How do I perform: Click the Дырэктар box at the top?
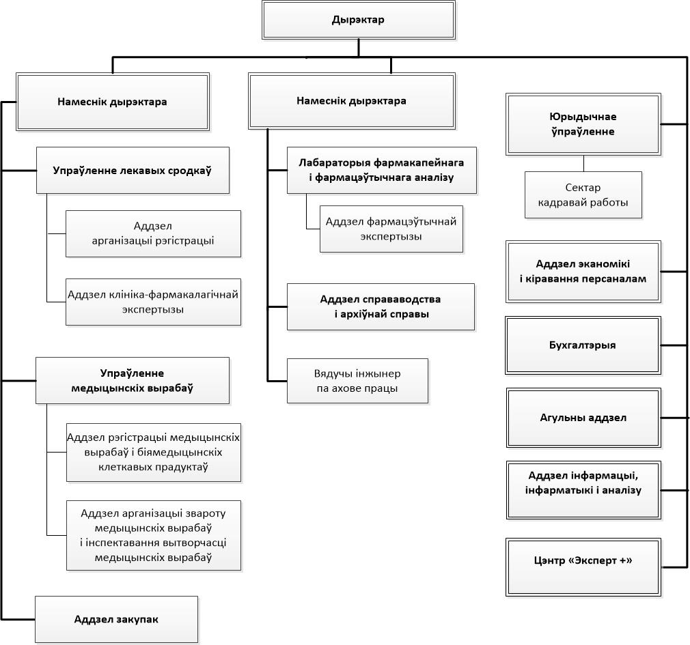pyautogui.click(x=358, y=20)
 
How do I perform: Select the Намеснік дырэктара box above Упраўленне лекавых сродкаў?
pyautogui.click(x=112, y=102)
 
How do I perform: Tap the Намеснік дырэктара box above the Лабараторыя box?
pyautogui.click(x=352, y=101)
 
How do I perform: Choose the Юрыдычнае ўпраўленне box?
pyautogui.click(x=583, y=124)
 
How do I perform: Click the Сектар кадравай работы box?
pyautogui.click(x=583, y=195)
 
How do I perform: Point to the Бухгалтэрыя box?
pyautogui.click(x=583, y=345)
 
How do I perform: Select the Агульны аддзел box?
pyautogui.click(x=583, y=418)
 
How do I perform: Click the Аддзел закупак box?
pyautogui.click(x=116, y=620)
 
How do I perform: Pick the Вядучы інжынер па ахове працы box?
pyautogui.click(x=357, y=381)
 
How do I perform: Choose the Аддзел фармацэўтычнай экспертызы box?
pyautogui.click(x=391, y=229)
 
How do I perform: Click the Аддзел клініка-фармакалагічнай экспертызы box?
pyautogui.click(x=153, y=302)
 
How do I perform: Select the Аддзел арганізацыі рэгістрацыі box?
pyautogui.click(x=153, y=233)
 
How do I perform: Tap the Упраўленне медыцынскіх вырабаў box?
pyautogui.click(x=133, y=380)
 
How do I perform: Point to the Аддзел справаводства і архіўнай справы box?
pyautogui.click(x=381, y=306)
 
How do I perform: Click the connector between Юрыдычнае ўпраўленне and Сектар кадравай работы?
pyautogui.click(x=583, y=163)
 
